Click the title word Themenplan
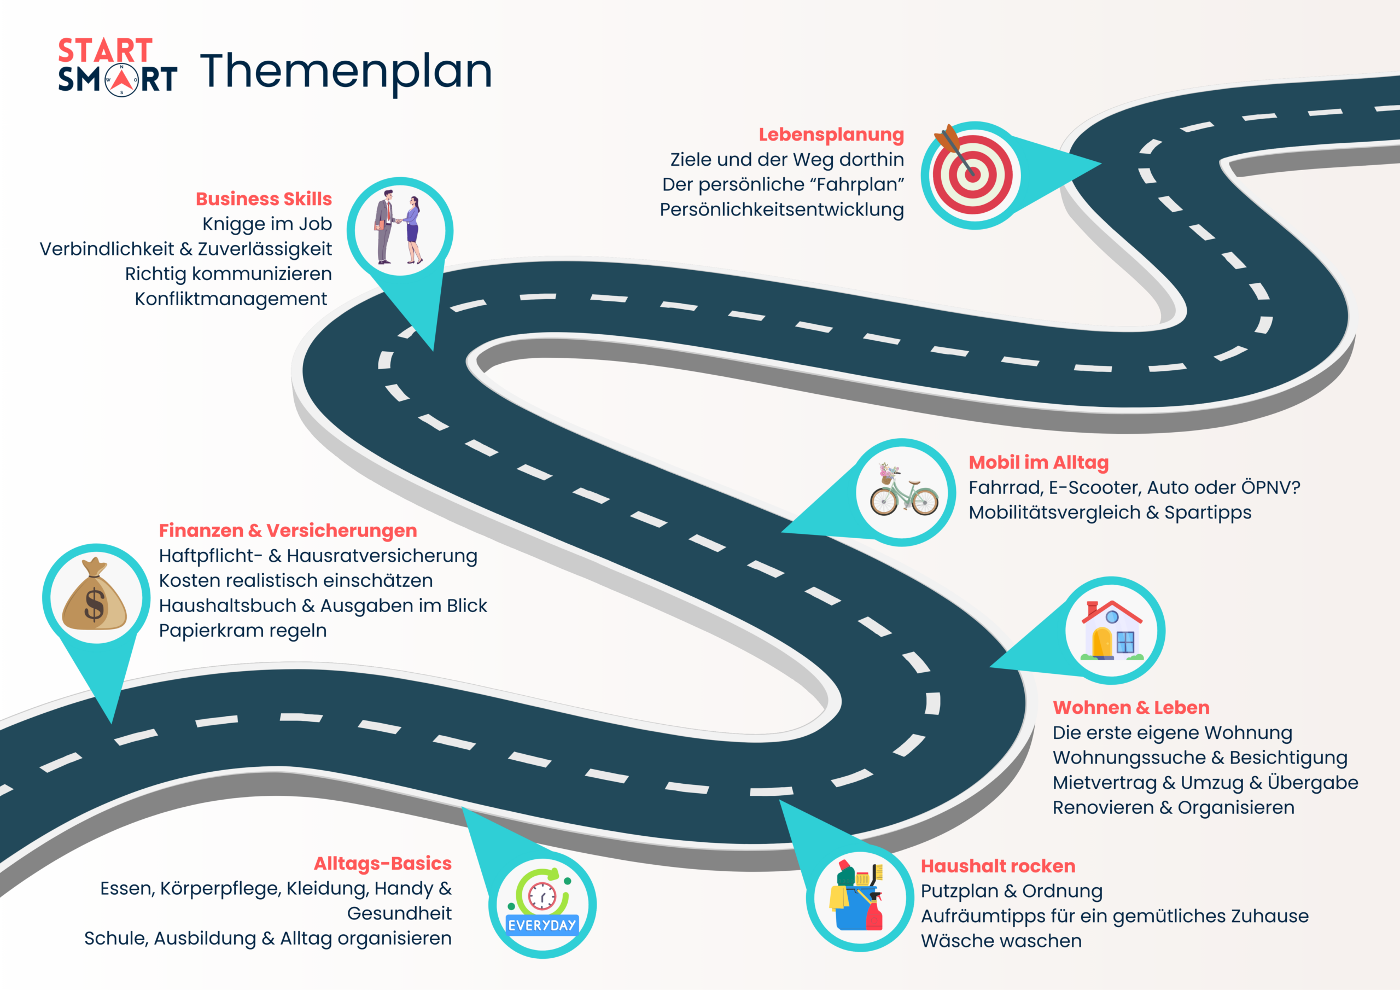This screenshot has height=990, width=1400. (346, 72)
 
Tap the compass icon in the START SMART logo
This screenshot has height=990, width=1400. (122, 80)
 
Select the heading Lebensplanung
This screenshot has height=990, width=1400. (831, 134)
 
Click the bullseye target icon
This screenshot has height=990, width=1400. (972, 174)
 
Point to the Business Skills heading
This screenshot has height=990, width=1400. (264, 199)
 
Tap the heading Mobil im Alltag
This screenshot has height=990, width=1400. (1039, 462)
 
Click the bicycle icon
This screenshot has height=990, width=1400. (903, 493)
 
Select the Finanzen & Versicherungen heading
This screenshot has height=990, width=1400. (288, 531)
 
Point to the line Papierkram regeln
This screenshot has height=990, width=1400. (243, 630)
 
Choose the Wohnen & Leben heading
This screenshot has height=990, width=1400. (1131, 708)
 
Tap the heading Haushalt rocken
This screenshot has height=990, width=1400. (997, 866)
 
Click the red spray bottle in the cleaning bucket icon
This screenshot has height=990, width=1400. (875, 912)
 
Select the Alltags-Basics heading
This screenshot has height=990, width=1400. (382, 864)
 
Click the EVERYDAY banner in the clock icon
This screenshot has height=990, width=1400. (542, 925)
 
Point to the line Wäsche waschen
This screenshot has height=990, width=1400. (1001, 941)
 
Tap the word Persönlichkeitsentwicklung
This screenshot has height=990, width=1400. (781, 209)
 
